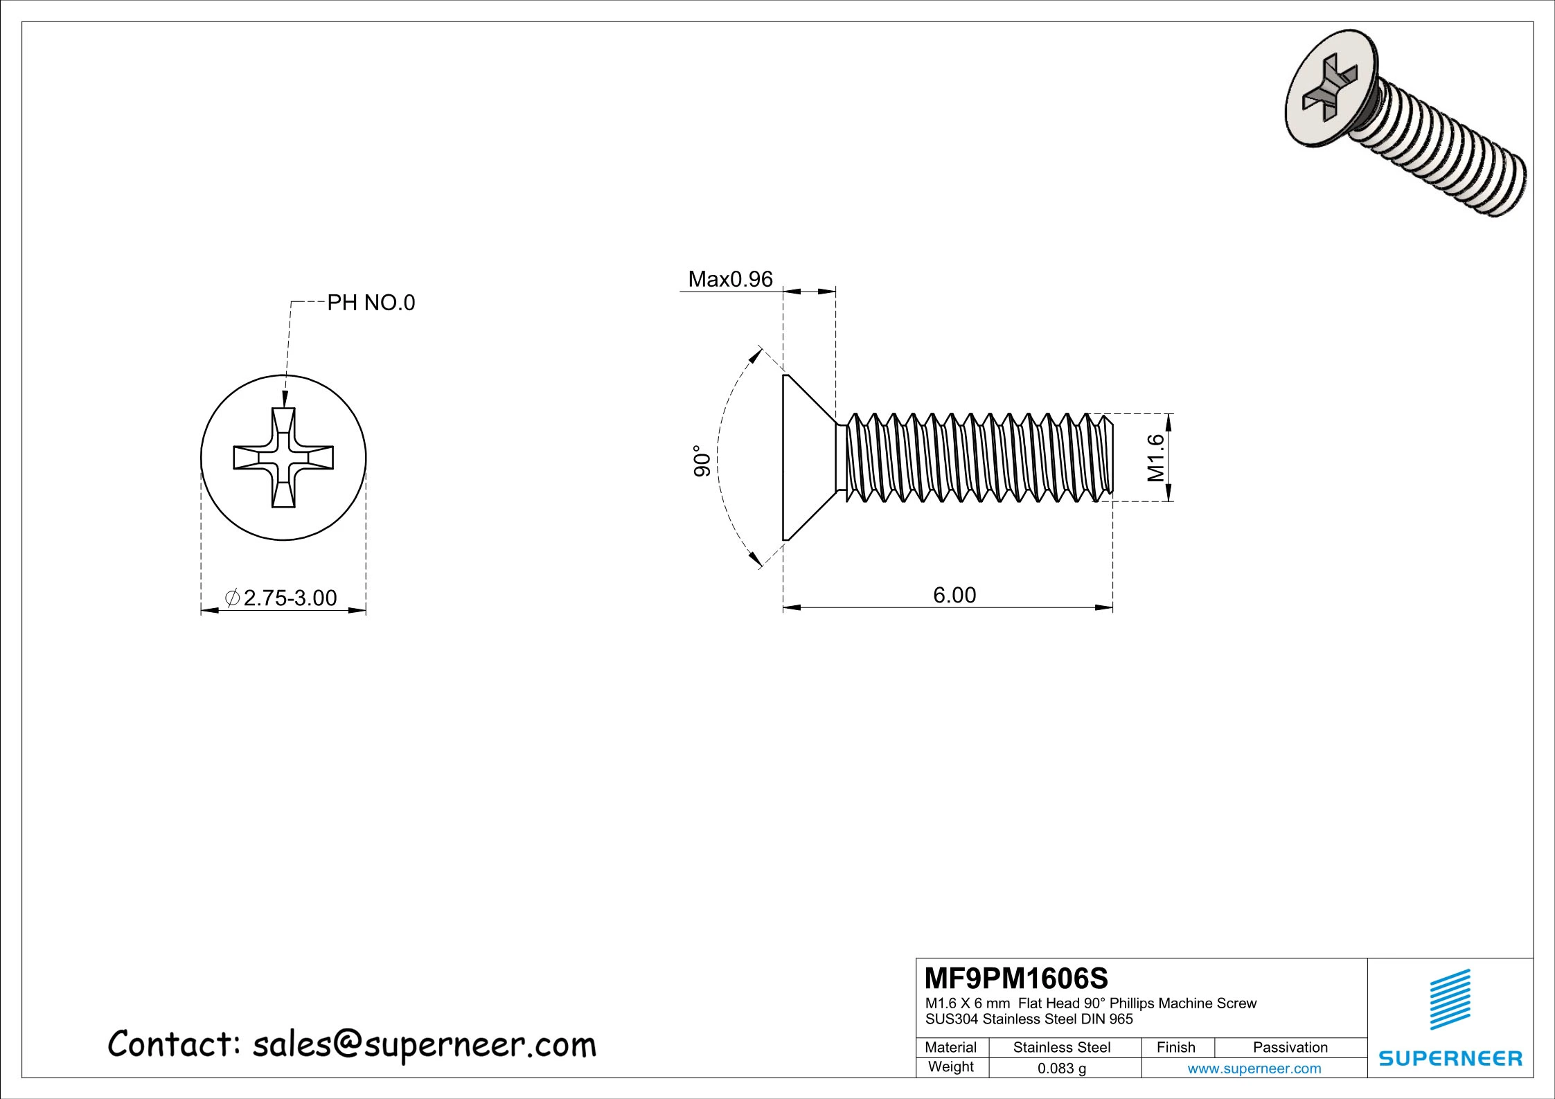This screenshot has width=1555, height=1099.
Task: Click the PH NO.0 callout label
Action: [371, 303]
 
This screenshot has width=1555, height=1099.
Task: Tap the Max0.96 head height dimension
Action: [730, 279]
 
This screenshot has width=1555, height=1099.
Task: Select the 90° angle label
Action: [702, 461]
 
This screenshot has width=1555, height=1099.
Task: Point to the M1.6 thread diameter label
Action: [1155, 458]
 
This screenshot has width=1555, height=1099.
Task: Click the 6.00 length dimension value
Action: [954, 595]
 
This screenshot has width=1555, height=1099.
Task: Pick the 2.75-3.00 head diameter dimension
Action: [290, 598]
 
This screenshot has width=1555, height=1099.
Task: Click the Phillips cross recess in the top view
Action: [283, 458]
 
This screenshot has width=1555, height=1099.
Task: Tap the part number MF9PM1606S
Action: [1016, 979]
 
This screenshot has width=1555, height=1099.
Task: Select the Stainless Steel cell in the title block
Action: [1061, 1047]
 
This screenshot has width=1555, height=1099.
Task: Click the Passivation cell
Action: [1290, 1047]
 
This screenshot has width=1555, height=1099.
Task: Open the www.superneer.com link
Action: [1254, 1069]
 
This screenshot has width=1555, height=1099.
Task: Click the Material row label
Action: [950, 1047]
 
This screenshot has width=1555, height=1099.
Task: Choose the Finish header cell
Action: [1175, 1047]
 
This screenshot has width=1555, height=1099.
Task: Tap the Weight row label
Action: [950, 1067]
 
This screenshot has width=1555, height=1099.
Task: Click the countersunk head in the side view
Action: [807, 458]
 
